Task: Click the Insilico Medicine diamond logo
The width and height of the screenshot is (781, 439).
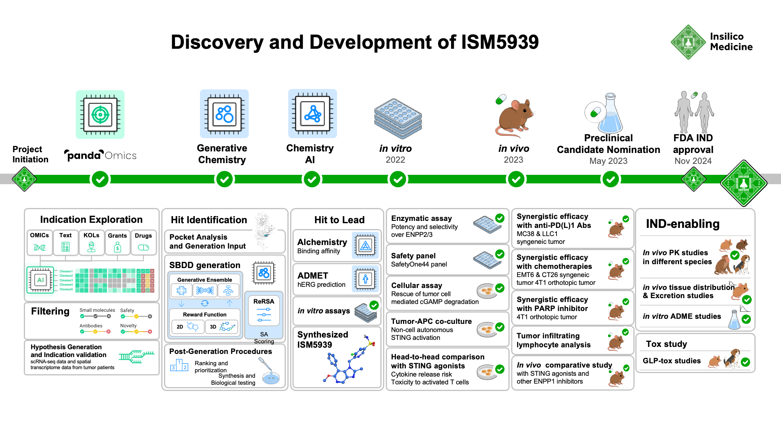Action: [x=688, y=42]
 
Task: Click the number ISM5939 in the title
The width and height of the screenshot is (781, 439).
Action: [x=499, y=42]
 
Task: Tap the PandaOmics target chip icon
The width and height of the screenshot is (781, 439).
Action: [x=100, y=115]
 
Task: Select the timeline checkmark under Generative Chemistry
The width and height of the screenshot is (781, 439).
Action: [x=225, y=180]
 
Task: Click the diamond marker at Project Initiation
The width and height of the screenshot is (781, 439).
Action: [x=24, y=179]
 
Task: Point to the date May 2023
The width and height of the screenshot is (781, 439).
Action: [x=608, y=161]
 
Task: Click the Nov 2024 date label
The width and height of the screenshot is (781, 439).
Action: [x=693, y=161]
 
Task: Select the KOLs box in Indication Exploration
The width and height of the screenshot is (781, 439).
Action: [x=91, y=242]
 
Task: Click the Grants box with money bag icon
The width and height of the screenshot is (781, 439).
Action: [x=117, y=242]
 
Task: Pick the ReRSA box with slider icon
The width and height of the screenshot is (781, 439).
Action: [x=264, y=311]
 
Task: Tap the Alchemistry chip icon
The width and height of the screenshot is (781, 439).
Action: [x=365, y=245]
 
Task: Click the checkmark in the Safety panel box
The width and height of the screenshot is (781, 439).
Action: [x=499, y=254]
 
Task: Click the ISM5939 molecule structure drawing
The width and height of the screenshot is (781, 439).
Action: [x=348, y=361]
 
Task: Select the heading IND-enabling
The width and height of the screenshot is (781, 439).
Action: [x=682, y=224]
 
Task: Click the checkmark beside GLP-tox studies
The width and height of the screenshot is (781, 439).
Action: [x=745, y=362]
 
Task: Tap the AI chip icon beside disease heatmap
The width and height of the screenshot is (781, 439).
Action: [x=40, y=280]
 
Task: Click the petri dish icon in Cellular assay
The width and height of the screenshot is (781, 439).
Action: [x=486, y=291]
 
